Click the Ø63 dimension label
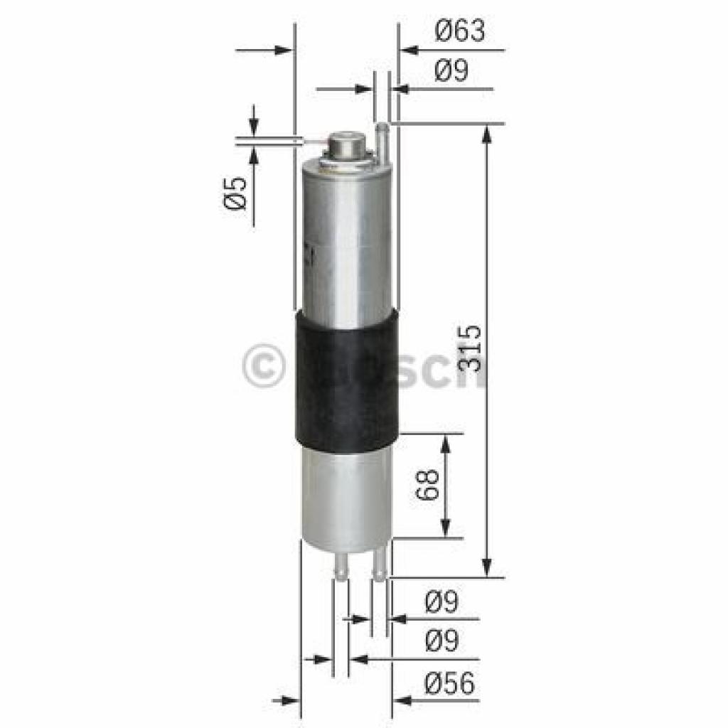click(460, 31)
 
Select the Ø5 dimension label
click(237, 192)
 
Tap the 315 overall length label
click(470, 348)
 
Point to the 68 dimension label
click(427, 486)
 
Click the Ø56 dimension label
click(449, 685)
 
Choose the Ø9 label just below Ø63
click(451, 71)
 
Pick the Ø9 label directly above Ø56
click(442, 641)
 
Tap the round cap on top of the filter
click(346, 146)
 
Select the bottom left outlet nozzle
click(341, 565)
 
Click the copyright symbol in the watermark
click(262, 367)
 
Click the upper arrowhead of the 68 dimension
click(445, 444)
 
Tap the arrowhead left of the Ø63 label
click(409, 50)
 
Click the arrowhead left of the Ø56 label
click(402, 701)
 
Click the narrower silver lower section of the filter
click(346, 494)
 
